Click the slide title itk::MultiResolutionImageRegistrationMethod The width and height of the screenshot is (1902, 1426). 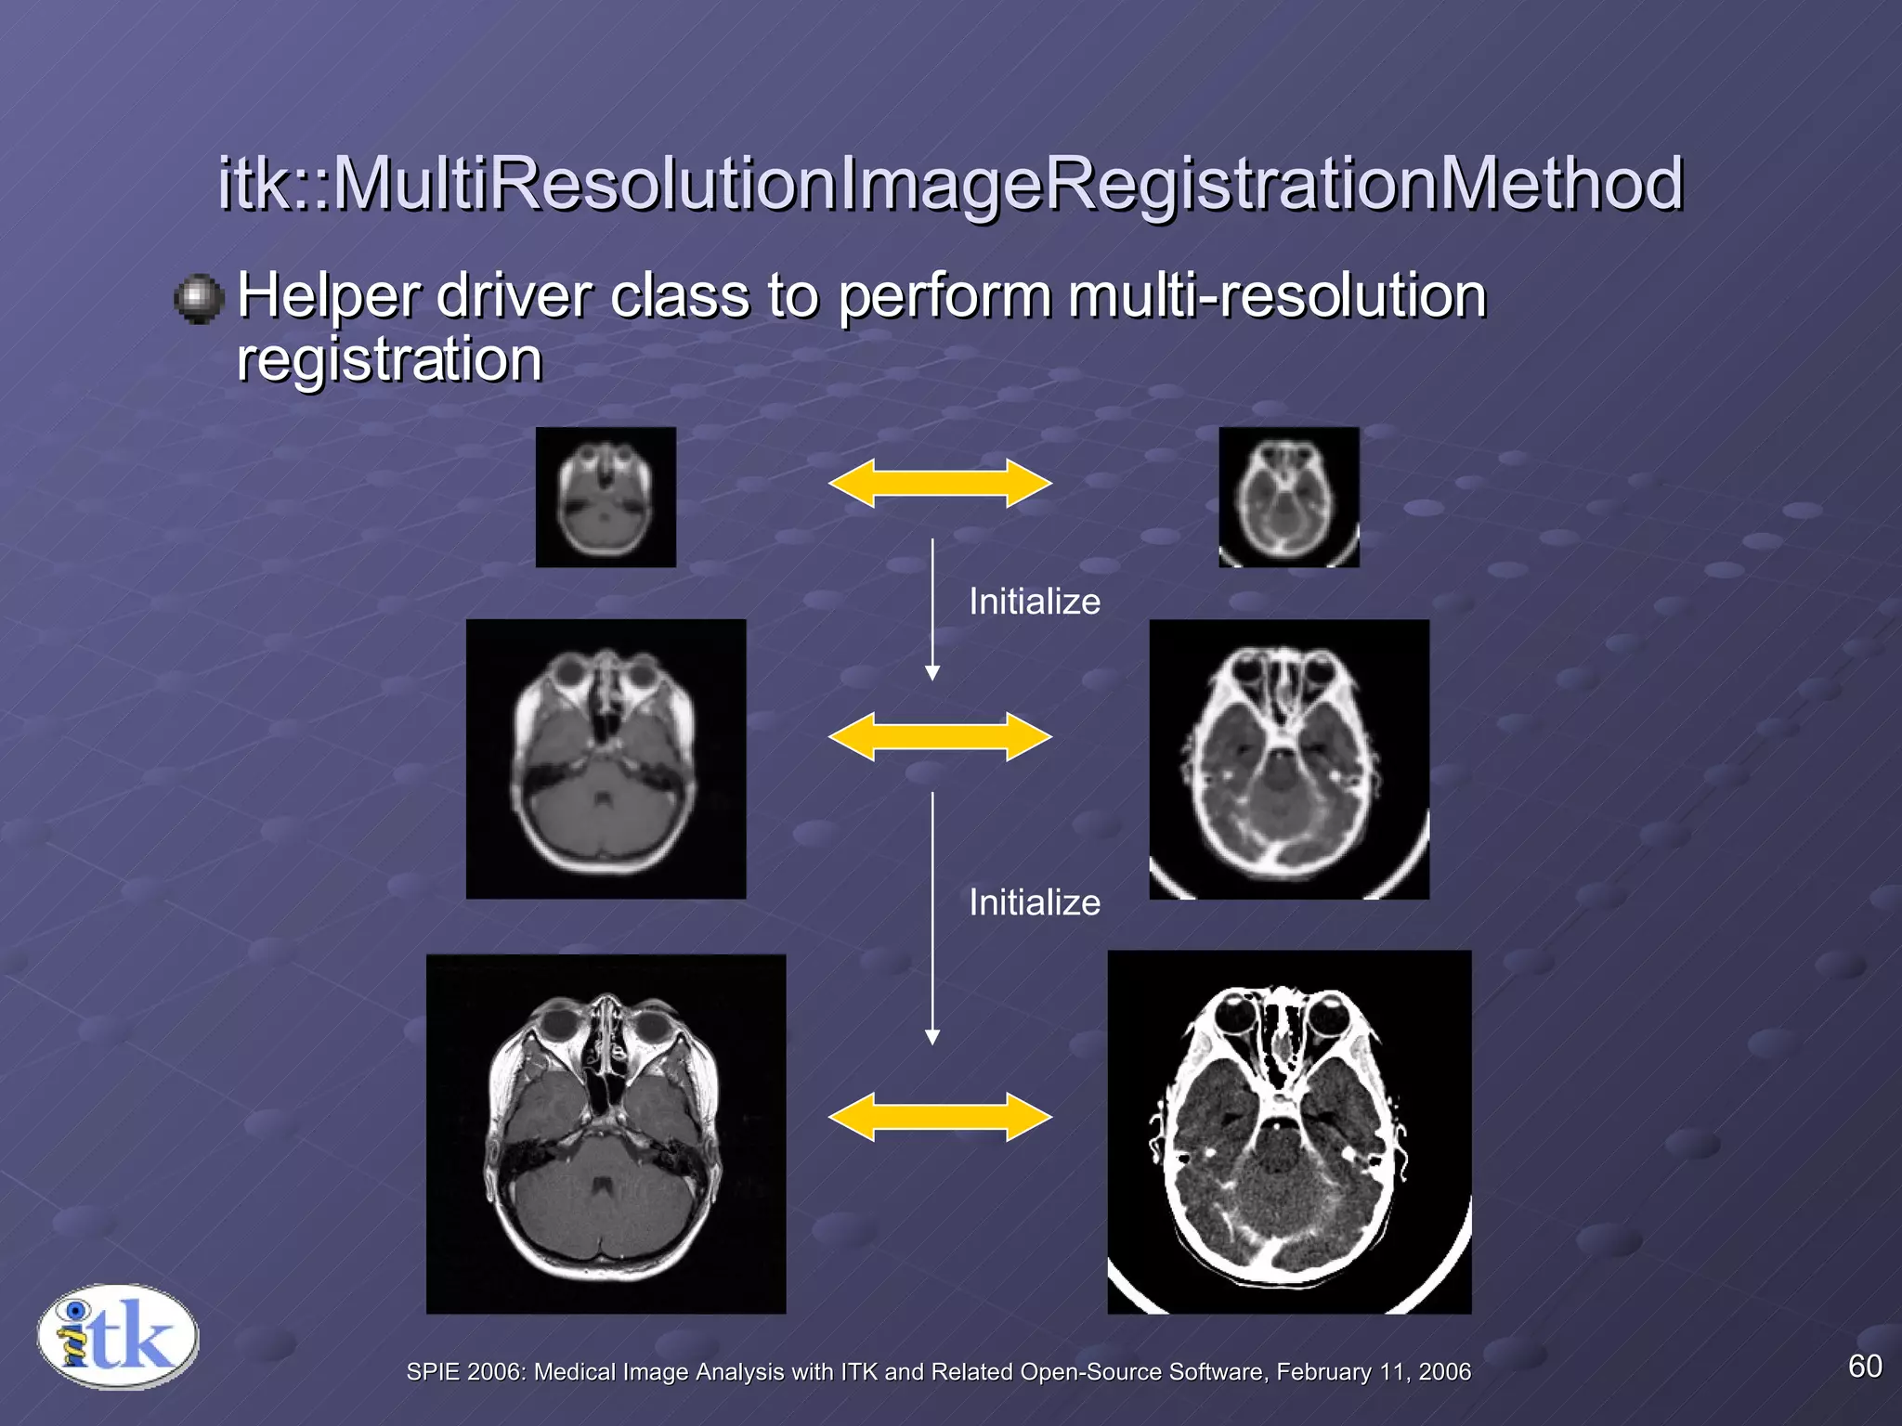949,184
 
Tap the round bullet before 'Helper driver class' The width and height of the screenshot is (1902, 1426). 199,299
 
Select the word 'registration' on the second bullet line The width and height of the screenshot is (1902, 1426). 389,360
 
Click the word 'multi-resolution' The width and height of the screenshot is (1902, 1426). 1276,297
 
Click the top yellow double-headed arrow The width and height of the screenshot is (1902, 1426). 940,484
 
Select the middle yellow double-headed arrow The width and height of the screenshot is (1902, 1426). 940,737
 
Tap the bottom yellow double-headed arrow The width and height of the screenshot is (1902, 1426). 940,1117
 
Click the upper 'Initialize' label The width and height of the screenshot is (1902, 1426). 1034,603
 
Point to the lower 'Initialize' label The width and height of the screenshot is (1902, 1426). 1034,903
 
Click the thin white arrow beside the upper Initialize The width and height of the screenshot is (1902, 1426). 932,609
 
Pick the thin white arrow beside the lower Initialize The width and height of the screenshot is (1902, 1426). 932,918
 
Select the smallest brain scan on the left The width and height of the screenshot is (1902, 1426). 606,498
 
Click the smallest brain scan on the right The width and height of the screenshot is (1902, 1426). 1288,498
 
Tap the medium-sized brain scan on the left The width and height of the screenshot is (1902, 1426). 606,758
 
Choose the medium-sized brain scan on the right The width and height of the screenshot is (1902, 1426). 1288,758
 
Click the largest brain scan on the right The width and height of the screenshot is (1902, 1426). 1288,1132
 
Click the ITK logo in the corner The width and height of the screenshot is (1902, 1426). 118,1337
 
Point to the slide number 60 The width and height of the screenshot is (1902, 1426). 1865,1367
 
